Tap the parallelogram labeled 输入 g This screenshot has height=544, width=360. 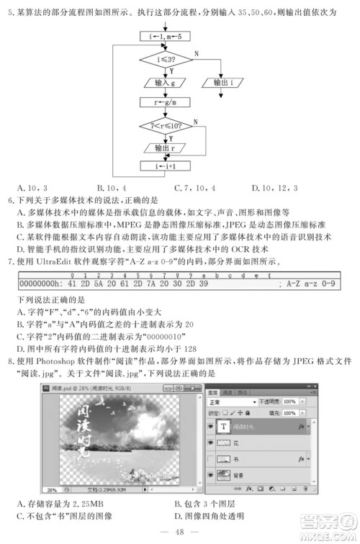pyautogui.click(x=164, y=83)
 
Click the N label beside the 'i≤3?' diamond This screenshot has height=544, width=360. pyautogui.click(x=196, y=54)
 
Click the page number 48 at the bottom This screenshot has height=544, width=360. pyautogui.click(x=180, y=532)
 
